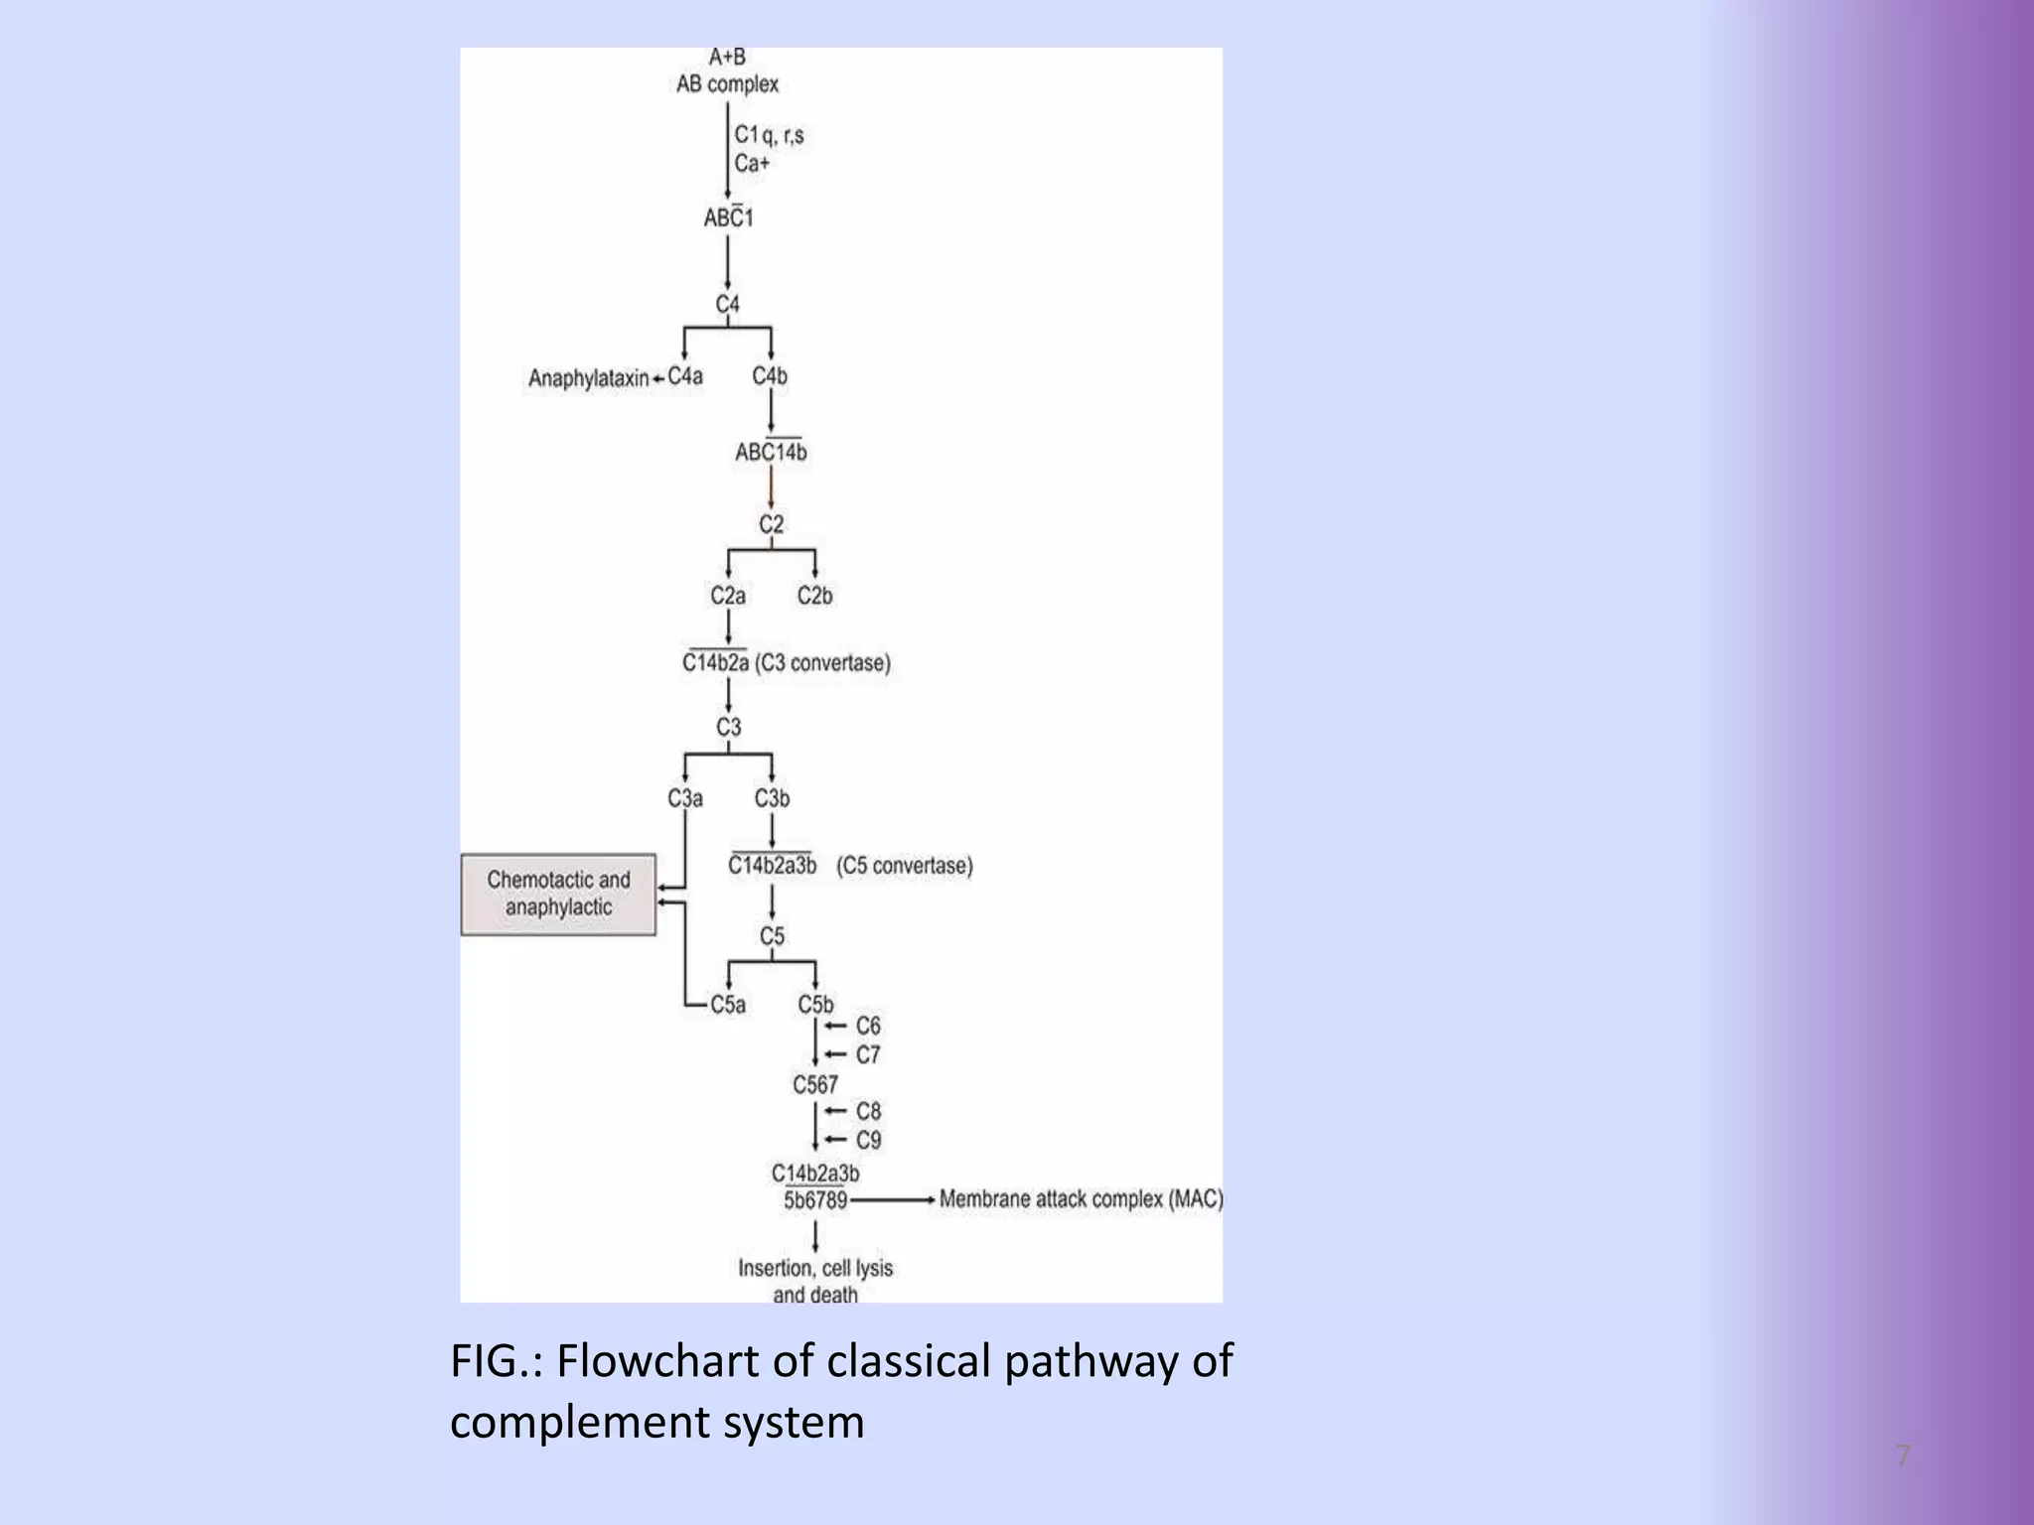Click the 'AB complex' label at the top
click(727, 84)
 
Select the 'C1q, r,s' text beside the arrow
click(769, 134)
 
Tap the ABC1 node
click(728, 217)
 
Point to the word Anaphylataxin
click(588, 378)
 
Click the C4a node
click(685, 376)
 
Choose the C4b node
click(770, 376)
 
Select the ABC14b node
click(771, 453)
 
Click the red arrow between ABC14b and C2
click(771, 488)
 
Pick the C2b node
click(814, 596)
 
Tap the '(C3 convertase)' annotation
click(823, 663)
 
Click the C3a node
click(685, 798)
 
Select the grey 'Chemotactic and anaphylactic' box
click(558, 894)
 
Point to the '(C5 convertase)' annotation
click(904, 866)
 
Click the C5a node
click(728, 1005)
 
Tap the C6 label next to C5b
click(868, 1026)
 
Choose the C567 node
click(814, 1085)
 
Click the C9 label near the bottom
click(868, 1140)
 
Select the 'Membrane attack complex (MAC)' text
click(1081, 1199)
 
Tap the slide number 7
click(1902, 1456)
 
